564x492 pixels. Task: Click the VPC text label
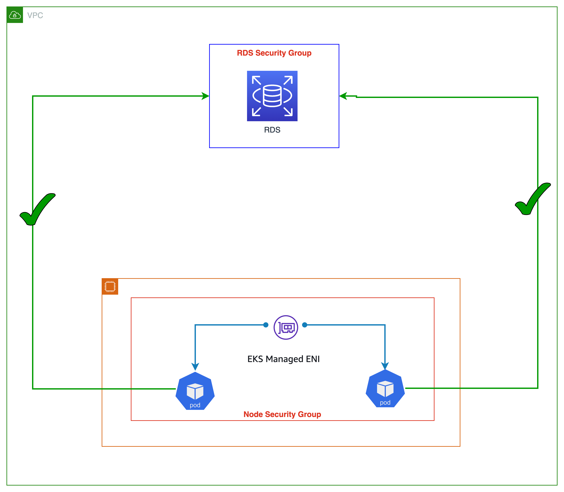[x=35, y=15]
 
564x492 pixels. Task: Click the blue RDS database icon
[x=272, y=96]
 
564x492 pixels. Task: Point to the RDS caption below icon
[x=272, y=130]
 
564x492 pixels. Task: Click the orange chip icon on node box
[x=110, y=287]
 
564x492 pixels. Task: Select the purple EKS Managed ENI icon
[x=286, y=327]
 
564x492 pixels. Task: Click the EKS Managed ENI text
[x=283, y=359]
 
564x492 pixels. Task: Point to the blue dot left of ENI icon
[x=266, y=325]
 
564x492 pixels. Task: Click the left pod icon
[x=195, y=391]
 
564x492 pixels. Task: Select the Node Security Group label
[x=282, y=414]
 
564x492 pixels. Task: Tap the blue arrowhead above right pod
[x=385, y=365]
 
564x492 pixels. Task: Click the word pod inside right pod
[x=385, y=402]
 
